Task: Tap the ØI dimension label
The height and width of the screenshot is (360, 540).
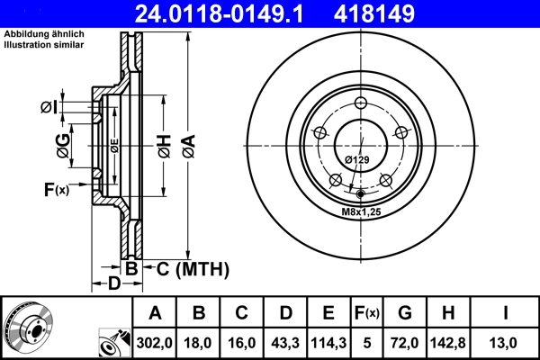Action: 49,108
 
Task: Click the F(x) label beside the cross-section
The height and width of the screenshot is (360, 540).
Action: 55,189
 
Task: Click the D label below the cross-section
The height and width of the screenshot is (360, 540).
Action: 113,285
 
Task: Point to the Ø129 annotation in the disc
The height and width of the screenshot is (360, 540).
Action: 357,160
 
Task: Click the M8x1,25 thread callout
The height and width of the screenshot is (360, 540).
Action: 360,211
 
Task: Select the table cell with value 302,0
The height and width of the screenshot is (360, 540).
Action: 155,342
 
